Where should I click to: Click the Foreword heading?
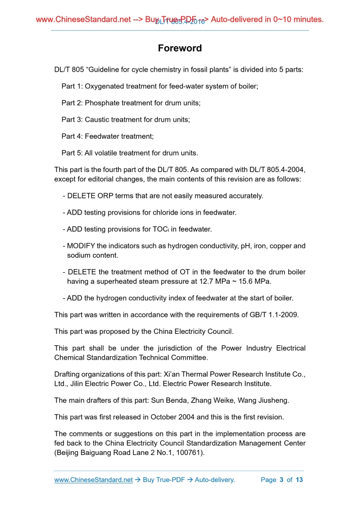(180, 48)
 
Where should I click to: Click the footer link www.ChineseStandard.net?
(94, 480)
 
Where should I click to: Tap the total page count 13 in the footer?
(299, 480)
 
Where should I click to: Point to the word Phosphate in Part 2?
(102, 103)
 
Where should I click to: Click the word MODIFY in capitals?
(81, 246)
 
